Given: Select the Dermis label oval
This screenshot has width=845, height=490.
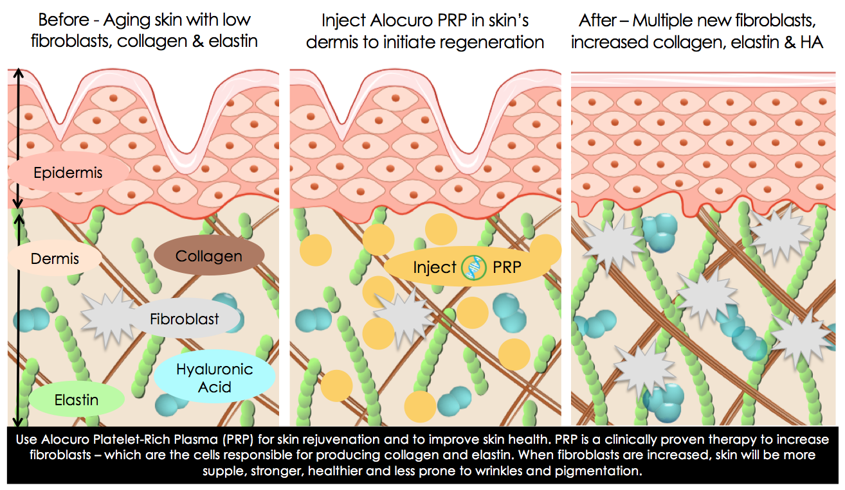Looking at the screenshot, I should [x=55, y=258].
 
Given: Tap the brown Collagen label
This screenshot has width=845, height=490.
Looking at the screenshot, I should [x=209, y=256].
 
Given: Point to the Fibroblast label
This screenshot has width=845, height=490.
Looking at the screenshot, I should [x=185, y=319].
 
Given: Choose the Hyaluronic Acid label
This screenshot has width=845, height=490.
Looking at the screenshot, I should [x=214, y=378].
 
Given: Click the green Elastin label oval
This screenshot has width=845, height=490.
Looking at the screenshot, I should [x=76, y=400].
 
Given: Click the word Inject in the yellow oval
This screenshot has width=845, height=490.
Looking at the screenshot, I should [x=434, y=267].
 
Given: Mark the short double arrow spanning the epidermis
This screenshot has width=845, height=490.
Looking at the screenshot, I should [x=20, y=137].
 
